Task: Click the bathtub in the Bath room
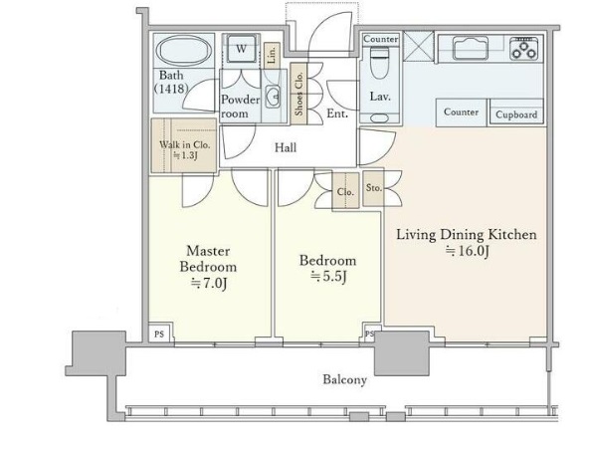(x=184, y=52)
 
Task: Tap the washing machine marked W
(x=241, y=48)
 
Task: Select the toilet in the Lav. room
(x=379, y=63)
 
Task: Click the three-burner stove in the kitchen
(x=524, y=49)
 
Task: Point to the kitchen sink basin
(x=471, y=48)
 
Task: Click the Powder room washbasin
(x=273, y=97)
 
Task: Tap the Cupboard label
(x=516, y=114)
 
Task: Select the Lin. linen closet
(x=272, y=56)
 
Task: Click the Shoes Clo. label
(x=298, y=94)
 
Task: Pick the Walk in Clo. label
(x=185, y=144)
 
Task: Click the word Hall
(x=286, y=147)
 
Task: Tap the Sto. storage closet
(x=373, y=188)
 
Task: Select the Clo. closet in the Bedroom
(x=345, y=191)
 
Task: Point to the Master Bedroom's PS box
(x=160, y=334)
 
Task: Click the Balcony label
(x=345, y=379)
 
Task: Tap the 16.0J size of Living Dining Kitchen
(x=468, y=251)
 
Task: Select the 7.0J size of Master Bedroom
(x=208, y=284)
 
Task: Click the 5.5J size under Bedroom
(x=328, y=277)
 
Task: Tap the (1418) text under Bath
(x=171, y=89)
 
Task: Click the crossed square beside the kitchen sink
(x=419, y=46)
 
